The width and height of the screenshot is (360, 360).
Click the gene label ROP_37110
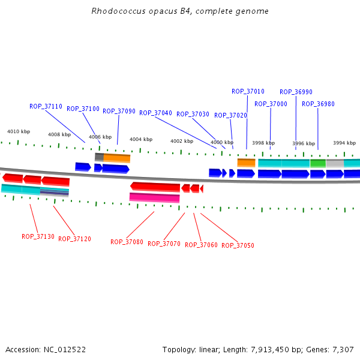click(46, 106)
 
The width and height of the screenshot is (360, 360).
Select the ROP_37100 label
click(83, 109)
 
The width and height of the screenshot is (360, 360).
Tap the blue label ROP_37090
click(119, 111)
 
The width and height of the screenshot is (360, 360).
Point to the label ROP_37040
click(155, 113)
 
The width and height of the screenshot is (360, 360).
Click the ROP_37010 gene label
click(248, 91)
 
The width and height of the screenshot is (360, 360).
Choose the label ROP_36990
click(296, 92)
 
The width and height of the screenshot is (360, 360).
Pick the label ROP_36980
click(318, 104)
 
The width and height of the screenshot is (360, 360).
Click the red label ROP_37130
click(38, 236)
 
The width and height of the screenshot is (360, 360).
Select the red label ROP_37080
click(127, 242)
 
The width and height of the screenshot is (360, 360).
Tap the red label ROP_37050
click(238, 245)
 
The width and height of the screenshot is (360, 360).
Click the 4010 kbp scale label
click(19, 131)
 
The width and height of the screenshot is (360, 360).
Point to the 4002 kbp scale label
click(182, 141)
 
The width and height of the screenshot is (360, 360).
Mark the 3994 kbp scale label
click(344, 143)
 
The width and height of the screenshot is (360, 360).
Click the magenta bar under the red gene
click(154, 197)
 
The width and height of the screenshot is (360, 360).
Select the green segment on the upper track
click(318, 163)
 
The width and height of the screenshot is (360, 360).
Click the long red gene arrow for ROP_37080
click(155, 187)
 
